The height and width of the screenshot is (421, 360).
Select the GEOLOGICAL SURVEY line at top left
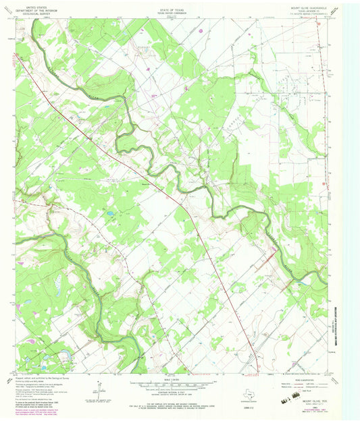tap(36, 13)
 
